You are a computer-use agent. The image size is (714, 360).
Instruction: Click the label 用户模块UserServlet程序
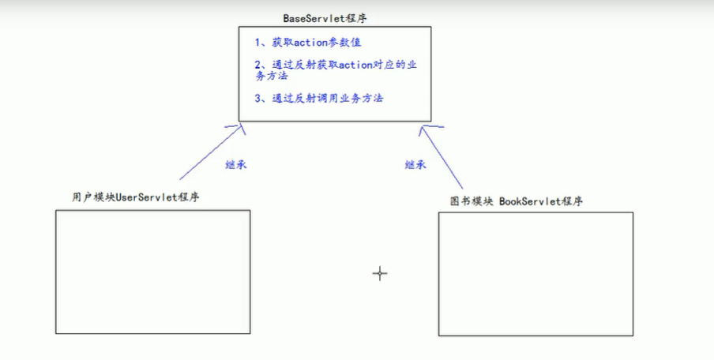[134, 197]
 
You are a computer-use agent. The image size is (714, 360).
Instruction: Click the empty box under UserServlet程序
[152, 271]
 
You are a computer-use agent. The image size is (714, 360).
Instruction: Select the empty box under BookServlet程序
[535, 273]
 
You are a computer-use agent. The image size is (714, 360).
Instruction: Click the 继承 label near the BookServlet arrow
[416, 165]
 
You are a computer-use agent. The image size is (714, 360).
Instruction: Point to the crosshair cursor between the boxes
[380, 273]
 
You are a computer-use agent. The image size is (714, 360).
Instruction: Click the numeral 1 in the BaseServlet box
[257, 43]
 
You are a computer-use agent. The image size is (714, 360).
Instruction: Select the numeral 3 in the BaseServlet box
[257, 98]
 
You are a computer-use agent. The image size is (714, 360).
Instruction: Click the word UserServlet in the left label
[146, 197]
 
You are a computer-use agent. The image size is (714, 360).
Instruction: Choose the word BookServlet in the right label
[529, 201]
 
